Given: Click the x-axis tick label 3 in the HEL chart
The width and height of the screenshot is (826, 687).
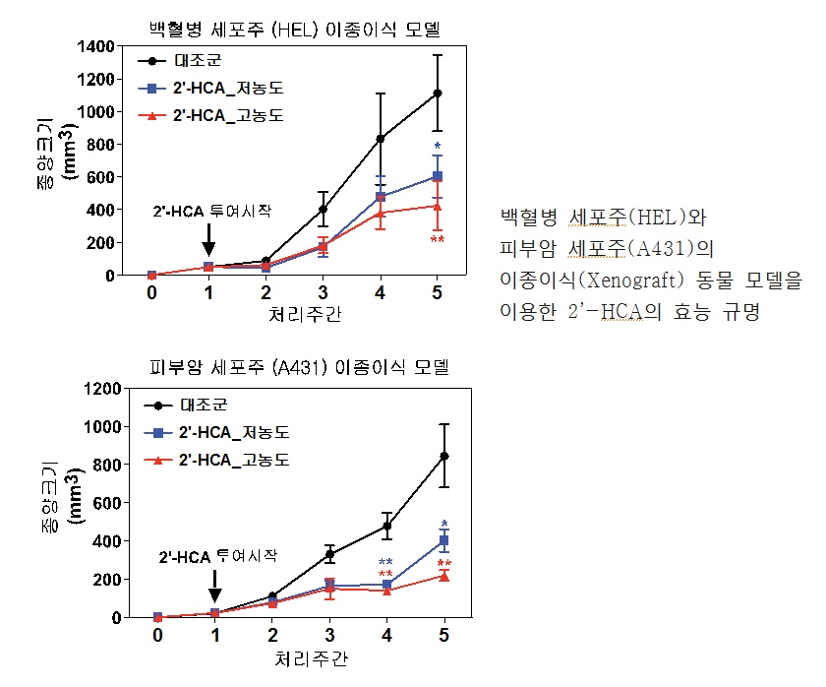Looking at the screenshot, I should point(324,293).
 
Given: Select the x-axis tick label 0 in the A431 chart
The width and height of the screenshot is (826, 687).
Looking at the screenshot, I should point(157,636).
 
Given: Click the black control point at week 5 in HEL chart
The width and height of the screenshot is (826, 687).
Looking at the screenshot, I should point(438,94).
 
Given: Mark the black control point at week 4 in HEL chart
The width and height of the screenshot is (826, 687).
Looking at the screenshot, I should point(381,139).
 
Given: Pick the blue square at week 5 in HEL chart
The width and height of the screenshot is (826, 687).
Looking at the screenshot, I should point(438,176).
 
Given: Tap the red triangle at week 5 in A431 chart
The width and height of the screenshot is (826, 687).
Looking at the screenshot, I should point(444,576).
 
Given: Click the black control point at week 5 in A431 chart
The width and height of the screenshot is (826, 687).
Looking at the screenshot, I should point(444,456).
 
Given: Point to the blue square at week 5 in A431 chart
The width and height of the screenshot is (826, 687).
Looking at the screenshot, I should point(444,540).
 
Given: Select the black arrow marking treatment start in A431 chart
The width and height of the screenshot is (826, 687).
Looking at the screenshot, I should point(214,588).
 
